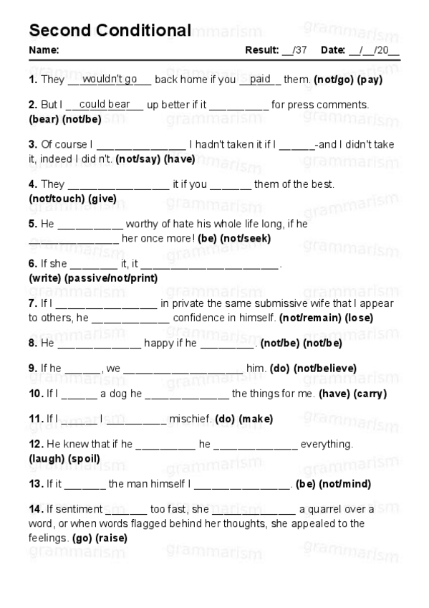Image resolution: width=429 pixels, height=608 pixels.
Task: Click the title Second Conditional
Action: tap(110, 30)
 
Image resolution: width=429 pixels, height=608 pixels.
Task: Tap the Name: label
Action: tap(44, 50)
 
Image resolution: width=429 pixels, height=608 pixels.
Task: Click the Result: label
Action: tap(261, 50)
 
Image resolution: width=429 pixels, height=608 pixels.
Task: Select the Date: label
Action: tap(333, 50)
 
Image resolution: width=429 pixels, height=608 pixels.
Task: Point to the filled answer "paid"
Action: tap(260, 79)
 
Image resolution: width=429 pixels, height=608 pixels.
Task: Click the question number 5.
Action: tap(33, 224)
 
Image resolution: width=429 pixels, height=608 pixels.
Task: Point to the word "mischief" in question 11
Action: tap(188, 419)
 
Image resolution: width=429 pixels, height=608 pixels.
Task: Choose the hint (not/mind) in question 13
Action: tap(345, 484)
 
